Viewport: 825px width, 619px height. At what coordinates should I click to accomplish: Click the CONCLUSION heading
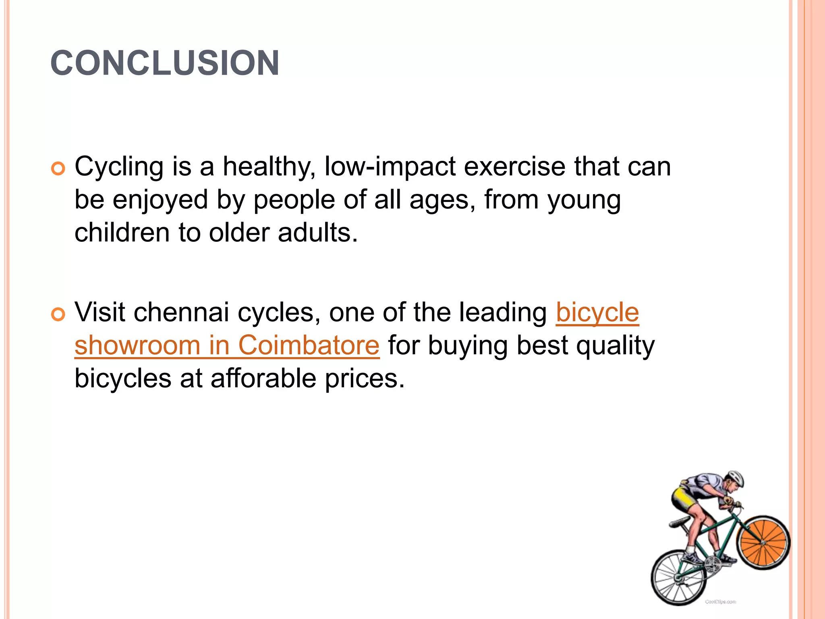[165, 63]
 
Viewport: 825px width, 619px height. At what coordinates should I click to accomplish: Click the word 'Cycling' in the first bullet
[119, 167]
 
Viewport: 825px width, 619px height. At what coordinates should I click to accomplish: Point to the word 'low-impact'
[390, 166]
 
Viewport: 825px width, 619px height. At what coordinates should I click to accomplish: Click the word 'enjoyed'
[160, 200]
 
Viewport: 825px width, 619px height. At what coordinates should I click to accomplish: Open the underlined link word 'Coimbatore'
[309, 345]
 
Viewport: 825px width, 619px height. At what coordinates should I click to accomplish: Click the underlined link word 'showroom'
[137, 345]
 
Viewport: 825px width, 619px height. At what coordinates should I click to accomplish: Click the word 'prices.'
[365, 379]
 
